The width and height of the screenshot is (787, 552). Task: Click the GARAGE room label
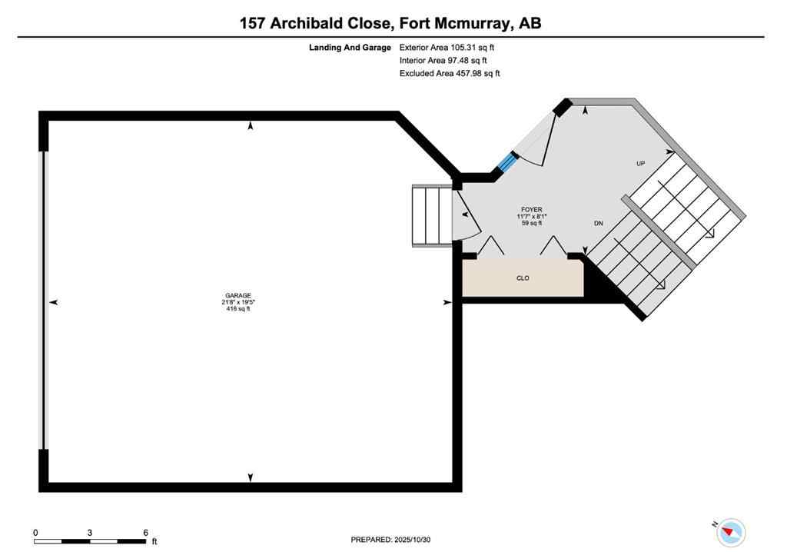point(237,295)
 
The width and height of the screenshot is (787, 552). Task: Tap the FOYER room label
point(531,209)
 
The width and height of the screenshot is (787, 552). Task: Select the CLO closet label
point(523,278)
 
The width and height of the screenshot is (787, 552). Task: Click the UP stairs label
point(640,164)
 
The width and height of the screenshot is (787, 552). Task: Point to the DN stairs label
point(598,224)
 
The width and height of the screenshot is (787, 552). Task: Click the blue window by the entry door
point(507,163)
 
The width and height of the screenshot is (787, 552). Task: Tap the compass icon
point(732,532)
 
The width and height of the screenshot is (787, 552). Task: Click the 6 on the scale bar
point(145,532)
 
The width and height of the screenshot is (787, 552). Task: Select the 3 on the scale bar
point(90,532)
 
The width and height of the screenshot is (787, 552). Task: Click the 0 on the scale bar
point(35,532)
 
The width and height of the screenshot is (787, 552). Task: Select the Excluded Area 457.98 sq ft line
point(450,74)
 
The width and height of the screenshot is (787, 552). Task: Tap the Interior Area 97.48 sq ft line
point(443,61)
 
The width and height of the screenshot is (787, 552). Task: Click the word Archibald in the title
point(315,23)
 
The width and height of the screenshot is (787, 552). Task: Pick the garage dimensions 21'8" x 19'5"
point(237,302)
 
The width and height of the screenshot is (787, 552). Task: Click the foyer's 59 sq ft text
point(531,223)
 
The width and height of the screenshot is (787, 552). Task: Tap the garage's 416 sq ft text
point(237,309)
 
